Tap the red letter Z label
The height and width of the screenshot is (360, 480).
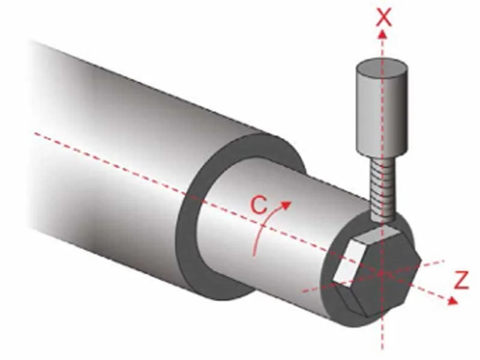pos(461,281)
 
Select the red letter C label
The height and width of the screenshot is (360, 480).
pos(258,205)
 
